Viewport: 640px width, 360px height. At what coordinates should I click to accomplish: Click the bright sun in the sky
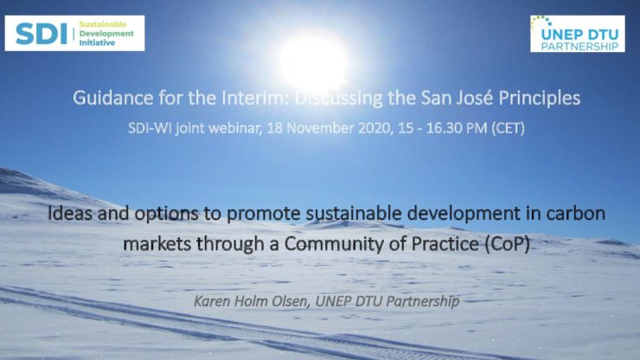coord(313,61)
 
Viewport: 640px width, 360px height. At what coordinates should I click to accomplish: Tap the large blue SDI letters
coord(42,34)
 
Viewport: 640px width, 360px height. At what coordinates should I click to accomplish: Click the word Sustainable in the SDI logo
coord(103,24)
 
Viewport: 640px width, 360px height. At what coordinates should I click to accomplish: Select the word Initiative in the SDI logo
coord(97,43)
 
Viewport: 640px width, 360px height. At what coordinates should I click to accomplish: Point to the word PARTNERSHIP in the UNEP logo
coord(580,46)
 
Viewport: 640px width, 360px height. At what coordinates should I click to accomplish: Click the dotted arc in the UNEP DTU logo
coord(540,22)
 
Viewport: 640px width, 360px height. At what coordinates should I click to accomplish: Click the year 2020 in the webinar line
coord(376,128)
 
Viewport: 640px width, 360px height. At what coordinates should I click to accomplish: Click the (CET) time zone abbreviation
coord(508,128)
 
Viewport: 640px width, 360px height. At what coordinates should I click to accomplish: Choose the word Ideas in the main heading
coord(69,213)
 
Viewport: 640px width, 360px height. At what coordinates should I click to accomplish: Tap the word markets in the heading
coord(157,244)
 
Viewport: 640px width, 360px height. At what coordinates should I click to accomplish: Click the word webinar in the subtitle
coord(234,128)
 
